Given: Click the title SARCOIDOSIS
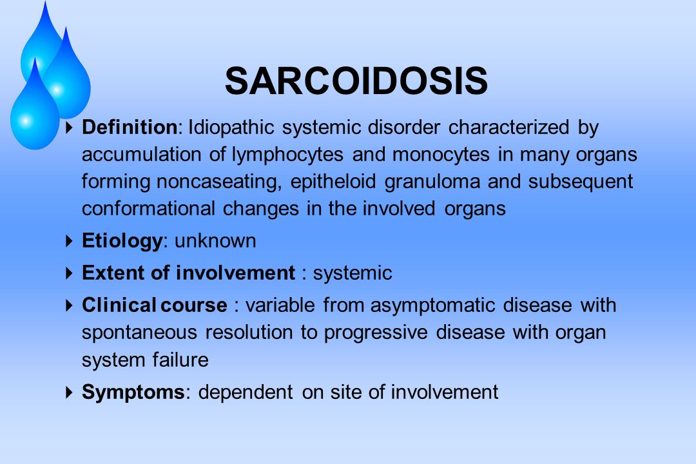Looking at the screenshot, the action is (356, 81).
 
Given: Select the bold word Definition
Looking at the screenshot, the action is (130, 128).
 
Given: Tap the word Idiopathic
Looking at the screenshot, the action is (231, 128).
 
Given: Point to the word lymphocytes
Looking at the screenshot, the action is (287, 155).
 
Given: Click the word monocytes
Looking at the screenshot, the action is (441, 155).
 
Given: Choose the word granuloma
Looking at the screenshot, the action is (432, 182).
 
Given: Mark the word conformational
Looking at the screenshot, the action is (149, 209).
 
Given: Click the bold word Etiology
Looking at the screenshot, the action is (122, 241).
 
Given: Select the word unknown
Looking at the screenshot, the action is (215, 241).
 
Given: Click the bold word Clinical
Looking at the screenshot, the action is (119, 305).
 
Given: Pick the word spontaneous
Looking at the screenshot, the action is (139, 333).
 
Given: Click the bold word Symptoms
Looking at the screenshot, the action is (133, 392).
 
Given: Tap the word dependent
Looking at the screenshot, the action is (246, 392).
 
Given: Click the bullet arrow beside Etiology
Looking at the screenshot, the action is (69, 241).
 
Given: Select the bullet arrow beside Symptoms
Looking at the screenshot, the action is (69, 392).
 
